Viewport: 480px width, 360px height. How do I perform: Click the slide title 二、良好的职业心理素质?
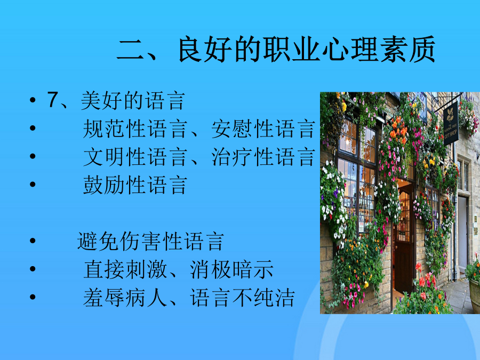click(276, 49)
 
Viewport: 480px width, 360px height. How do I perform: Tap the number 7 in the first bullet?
click(53, 100)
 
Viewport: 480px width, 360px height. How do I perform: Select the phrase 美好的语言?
click(133, 100)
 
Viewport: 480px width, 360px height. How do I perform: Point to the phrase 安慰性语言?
click(263, 129)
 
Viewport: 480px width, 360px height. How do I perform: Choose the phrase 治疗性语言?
click(263, 157)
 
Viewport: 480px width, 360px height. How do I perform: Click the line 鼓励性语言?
click(135, 185)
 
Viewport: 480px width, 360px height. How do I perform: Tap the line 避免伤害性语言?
click(150, 241)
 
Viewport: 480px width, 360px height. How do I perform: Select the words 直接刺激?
click(125, 269)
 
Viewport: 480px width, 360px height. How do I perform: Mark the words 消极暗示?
click(231, 269)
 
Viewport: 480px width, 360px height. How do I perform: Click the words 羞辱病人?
click(125, 298)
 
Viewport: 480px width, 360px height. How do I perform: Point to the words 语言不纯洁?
click(242, 298)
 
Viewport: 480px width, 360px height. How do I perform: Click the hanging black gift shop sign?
click(451, 123)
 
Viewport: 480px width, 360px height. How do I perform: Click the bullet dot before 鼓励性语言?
click(33, 185)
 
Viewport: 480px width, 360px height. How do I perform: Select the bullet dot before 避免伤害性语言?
click(33, 241)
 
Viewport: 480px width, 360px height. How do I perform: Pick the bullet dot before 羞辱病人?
click(33, 297)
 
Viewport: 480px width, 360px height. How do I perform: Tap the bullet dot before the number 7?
click(33, 100)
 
